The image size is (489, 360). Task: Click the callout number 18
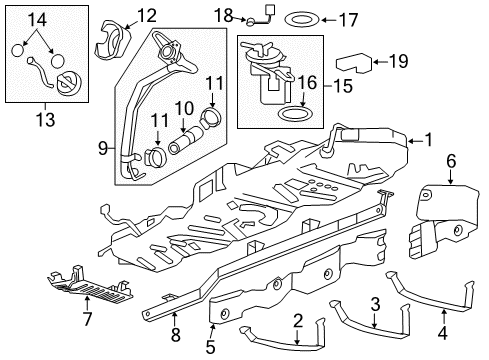click(226, 14)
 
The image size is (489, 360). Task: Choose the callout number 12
click(146, 15)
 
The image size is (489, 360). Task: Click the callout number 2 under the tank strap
click(298, 320)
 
